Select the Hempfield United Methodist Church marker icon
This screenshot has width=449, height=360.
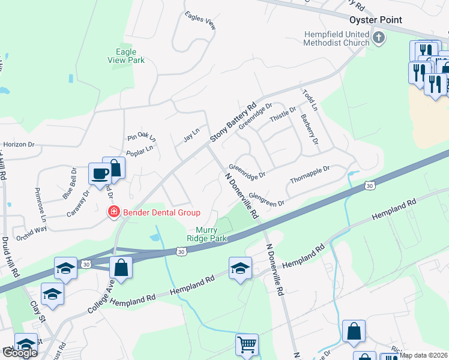pos(378,38)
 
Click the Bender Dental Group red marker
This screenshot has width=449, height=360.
pos(112,211)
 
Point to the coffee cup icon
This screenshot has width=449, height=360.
pos(100,173)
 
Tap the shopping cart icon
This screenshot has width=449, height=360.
pos(246,344)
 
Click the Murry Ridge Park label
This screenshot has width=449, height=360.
pos(211,234)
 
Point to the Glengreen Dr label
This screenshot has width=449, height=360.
pos(266,200)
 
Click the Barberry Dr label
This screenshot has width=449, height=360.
pos(309,129)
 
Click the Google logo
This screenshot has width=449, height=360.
pos(19,353)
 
